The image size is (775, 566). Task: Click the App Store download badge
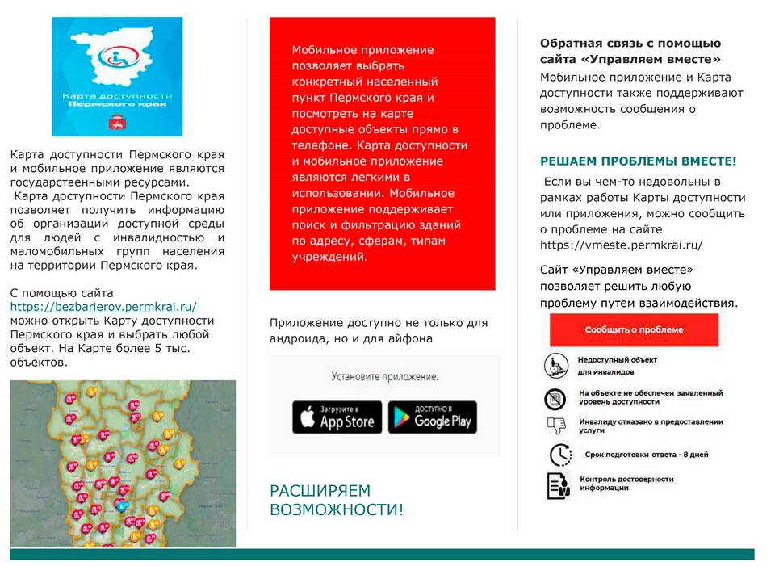pos(337,417)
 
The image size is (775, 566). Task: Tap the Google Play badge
pos(432,417)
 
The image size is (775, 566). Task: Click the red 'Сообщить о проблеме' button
pos(634,329)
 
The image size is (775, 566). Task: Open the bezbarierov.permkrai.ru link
pos(103,307)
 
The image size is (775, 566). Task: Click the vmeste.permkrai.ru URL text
pos(622,245)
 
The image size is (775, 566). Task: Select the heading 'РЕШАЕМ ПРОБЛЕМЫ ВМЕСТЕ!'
pos(638,161)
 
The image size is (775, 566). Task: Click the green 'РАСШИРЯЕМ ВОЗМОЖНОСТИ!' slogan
pos(336,500)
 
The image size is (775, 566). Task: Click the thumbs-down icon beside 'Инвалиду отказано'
pos(555,426)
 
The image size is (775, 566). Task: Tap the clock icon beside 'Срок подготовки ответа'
pos(559,455)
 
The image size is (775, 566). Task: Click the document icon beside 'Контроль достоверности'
pos(558,484)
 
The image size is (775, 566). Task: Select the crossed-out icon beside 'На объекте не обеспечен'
pos(555,398)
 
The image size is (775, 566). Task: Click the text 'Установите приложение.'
pos(385,376)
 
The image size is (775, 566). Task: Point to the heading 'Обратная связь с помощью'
pos(630,44)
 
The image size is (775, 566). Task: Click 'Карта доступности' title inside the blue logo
pos(118,94)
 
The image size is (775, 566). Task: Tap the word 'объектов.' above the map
pos(39,362)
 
